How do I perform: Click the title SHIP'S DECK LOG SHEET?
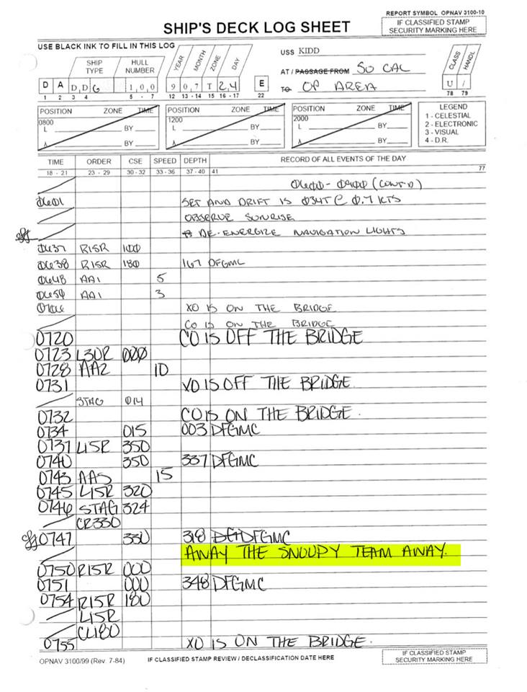256,28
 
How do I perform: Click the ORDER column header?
99,161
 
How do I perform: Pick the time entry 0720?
52,338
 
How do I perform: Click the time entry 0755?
61,643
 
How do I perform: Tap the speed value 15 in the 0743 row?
163,475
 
